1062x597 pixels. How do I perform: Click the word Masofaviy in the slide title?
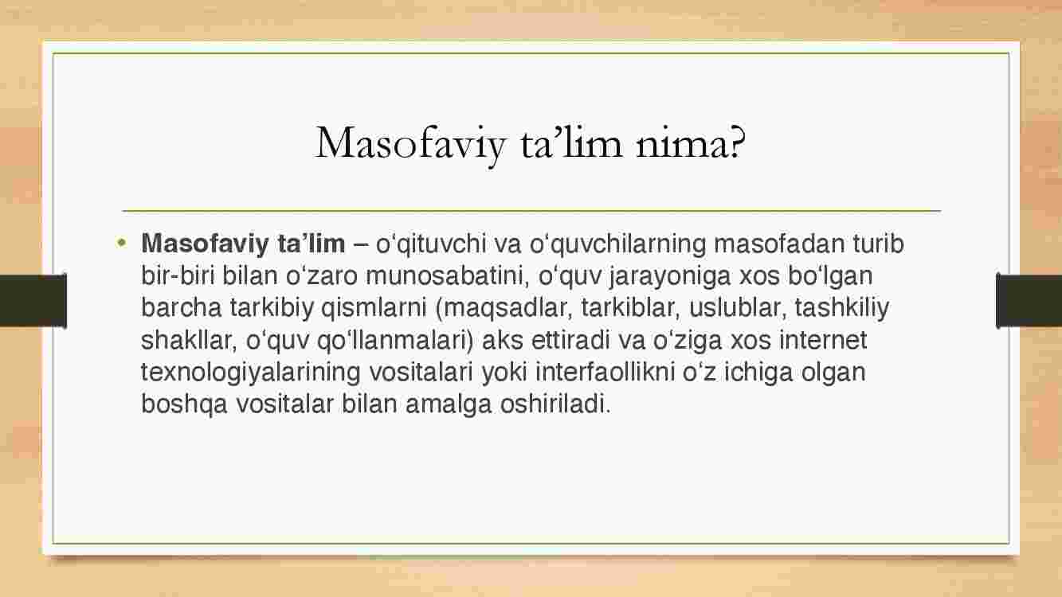(x=410, y=144)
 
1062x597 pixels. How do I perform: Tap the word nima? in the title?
(x=690, y=142)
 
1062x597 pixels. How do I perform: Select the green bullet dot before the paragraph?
(x=122, y=243)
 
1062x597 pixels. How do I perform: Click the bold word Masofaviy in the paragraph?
(x=205, y=244)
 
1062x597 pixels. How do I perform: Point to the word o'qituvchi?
(x=431, y=244)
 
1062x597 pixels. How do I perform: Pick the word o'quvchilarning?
(x=617, y=244)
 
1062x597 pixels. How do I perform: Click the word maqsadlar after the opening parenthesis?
(x=507, y=309)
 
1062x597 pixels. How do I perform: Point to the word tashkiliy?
(x=841, y=309)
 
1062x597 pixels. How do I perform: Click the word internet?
(x=823, y=340)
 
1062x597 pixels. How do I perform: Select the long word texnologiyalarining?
(x=251, y=373)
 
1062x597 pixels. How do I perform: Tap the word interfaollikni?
(x=605, y=372)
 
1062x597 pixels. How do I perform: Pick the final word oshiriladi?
(x=555, y=404)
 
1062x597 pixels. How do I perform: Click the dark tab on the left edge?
(x=33, y=301)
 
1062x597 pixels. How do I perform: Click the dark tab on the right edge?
(x=1029, y=301)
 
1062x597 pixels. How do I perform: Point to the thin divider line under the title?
(x=531, y=211)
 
